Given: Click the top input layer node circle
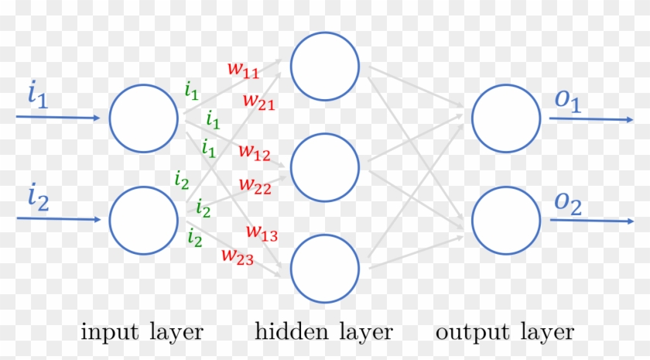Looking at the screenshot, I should click(x=144, y=118).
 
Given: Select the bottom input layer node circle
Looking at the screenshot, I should click(x=144, y=220).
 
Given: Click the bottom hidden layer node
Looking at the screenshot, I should click(x=325, y=268).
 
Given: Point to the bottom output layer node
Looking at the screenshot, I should click(x=506, y=220).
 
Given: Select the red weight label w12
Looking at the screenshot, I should click(x=255, y=153).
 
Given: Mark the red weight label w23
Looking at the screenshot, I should click(x=238, y=255).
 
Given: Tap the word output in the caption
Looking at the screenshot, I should click(x=470, y=333).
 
